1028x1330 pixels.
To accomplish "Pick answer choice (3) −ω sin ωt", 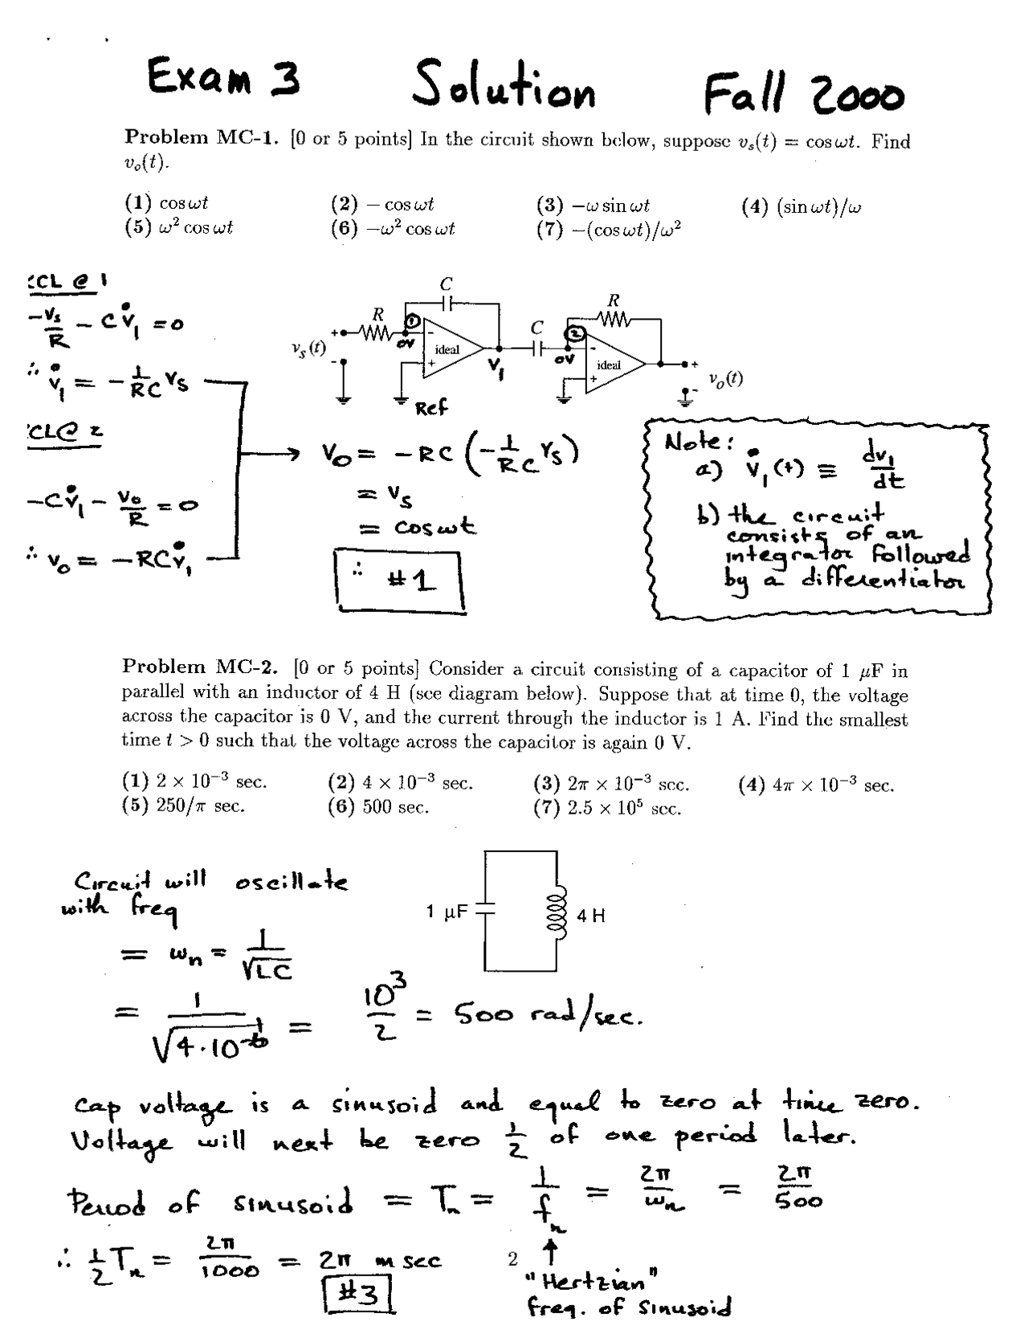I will click(x=593, y=205).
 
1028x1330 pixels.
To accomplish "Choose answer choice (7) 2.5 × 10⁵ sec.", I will click(x=608, y=808).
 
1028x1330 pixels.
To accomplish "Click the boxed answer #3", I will click(x=359, y=1295).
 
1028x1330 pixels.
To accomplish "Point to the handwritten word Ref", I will click(x=431, y=409).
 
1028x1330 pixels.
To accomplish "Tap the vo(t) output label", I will click(x=725, y=379).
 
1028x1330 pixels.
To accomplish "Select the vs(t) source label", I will click(x=309, y=348).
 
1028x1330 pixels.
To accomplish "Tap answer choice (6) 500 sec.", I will click(x=378, y=808).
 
